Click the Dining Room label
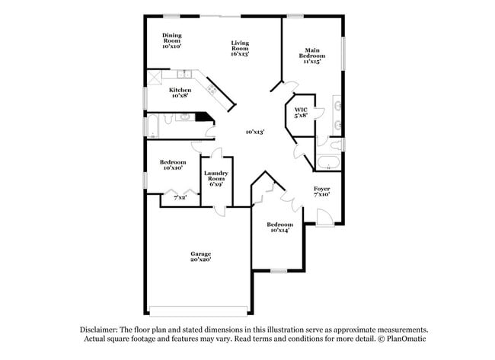(171, 41)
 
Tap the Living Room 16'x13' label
(240, 49)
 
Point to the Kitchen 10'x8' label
(180, 93)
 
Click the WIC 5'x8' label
(301, 113)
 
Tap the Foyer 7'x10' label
(321, 191)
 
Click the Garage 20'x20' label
(200, 256)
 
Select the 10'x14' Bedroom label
(279, 228)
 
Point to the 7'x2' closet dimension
(180, 197)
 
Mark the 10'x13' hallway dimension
(254, 132)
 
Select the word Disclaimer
(102, 329)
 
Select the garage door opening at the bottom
(197, 310)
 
